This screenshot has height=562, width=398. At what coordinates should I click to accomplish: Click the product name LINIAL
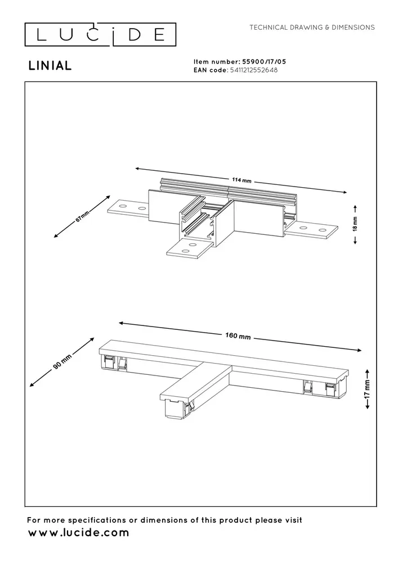pos(50,66)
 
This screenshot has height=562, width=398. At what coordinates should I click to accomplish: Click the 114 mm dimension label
pos(241,180)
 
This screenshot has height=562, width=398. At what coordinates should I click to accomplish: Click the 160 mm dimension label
pos(238,336)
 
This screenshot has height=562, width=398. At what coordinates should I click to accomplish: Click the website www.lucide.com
pos(78,533)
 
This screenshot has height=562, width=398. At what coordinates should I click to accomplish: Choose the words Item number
pos(216,62)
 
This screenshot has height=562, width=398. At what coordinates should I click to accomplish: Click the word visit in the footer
pos(290,520)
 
